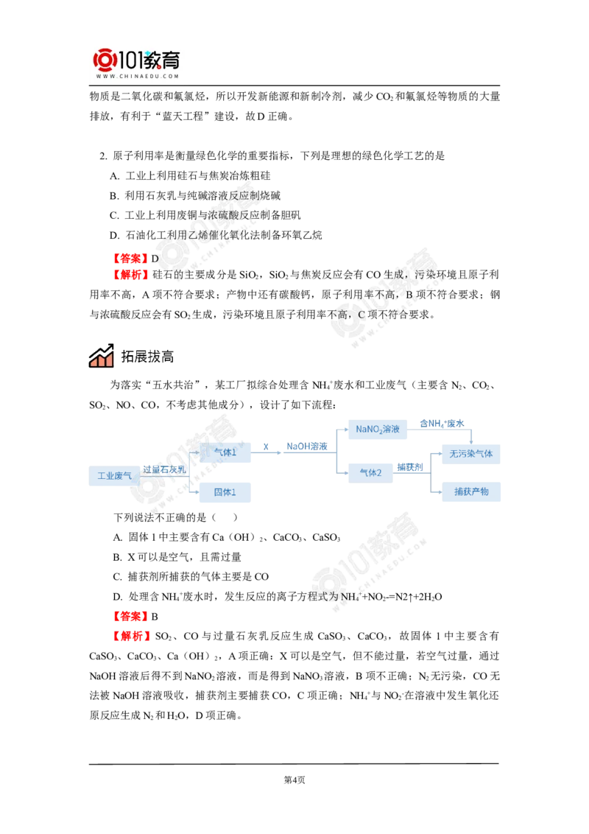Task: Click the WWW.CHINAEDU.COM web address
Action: pos(138,76)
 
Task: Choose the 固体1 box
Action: pos(225,493)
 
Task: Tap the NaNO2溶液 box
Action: pos(378,430)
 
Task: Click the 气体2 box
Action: pos(370,472)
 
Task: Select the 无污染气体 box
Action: pos(471,454)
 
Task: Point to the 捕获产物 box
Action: pos(471,491)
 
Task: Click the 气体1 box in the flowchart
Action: pos(225,452)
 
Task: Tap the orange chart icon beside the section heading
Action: pos(100,357)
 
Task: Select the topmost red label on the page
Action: pos(130,257)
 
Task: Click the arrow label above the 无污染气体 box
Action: pos(442,424)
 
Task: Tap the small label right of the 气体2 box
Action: pos(409,468)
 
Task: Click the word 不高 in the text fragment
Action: pos(339,313)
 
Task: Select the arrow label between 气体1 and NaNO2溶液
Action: pos(304,446)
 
